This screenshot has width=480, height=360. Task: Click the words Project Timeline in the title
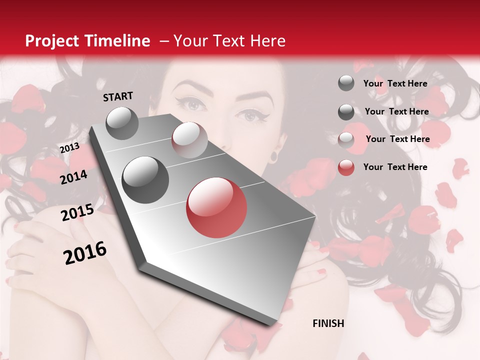(x=87, y=41)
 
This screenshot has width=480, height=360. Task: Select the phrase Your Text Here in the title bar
(x=229, y=41)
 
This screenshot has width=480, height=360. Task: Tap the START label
(x=118, y=96)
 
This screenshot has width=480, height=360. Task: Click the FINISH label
(x=328, y=323)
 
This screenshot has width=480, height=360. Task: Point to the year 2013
(x=69, y=148)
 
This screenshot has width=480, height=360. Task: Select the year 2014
(x=73, y=177)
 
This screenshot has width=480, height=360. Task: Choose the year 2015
(x=77, y=213)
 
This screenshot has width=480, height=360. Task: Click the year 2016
(x=85, y=252)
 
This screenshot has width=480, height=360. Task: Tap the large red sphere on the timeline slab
(x=216, y=207)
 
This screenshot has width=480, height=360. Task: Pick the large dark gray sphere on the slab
(x=145, y=179)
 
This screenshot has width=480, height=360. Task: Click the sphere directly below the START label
(x=122, y=123)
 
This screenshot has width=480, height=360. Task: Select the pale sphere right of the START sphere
(x=189, y=140)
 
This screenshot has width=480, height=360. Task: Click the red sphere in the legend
(x=346, y=167)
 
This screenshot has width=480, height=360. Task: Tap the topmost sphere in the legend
(x=346, y=83)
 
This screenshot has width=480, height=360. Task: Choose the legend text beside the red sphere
(x=395, y=167)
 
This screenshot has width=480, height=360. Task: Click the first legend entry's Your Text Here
(x=395, y=83)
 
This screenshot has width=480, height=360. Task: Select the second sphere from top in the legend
(x=346, y=112)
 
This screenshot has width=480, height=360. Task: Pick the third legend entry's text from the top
(x=397, y=139)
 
